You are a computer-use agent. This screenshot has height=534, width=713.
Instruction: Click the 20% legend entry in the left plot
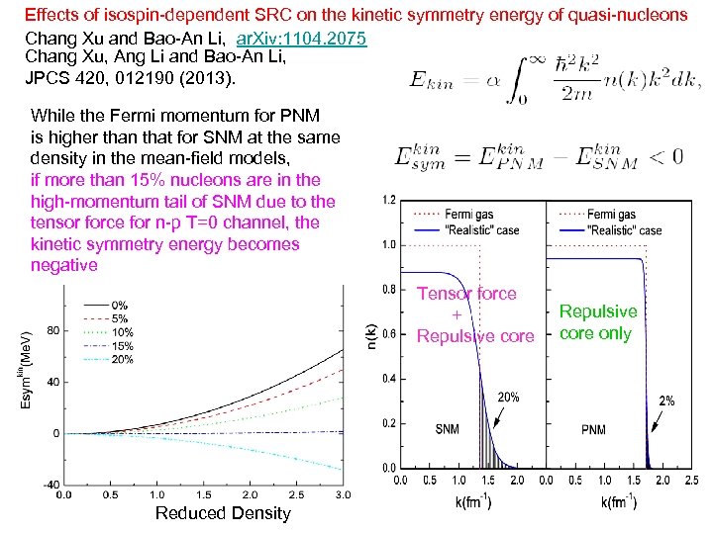[124, 360]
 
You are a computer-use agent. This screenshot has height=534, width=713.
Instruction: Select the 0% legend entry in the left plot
[119, 305]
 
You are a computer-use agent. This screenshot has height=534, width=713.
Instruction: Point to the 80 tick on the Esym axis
[53, 329]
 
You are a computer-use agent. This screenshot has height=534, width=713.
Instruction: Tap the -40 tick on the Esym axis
[51, 485]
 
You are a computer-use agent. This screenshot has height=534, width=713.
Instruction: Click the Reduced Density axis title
[224, 512]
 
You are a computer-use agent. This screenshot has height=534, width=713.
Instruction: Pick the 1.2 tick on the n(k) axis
[389, 200]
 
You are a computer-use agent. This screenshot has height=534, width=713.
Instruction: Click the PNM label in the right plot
[594, 430]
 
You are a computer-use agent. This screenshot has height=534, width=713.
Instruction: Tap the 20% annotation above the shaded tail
[508, 397]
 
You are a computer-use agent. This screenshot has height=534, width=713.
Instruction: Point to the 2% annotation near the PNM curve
[667, 400]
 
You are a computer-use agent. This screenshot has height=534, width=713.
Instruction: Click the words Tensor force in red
[466, 294]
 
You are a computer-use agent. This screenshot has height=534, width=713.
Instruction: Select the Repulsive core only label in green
[597, 322]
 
